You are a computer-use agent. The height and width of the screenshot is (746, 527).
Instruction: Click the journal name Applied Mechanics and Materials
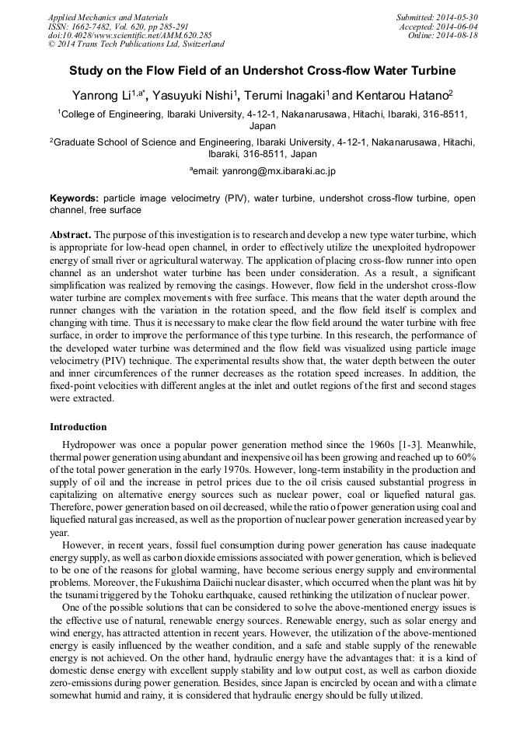[108, 17]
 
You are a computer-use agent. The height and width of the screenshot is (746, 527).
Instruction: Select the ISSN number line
[119, 26]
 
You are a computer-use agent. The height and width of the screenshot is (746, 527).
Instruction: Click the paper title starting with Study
[263, 71]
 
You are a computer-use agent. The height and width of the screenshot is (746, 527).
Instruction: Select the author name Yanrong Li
[103, 96]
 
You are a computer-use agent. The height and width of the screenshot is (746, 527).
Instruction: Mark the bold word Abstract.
[71, 234]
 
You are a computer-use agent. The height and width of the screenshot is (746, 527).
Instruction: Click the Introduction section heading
[79, 427]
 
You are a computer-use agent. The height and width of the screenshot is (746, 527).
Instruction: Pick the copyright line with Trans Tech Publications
[136, 45]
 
